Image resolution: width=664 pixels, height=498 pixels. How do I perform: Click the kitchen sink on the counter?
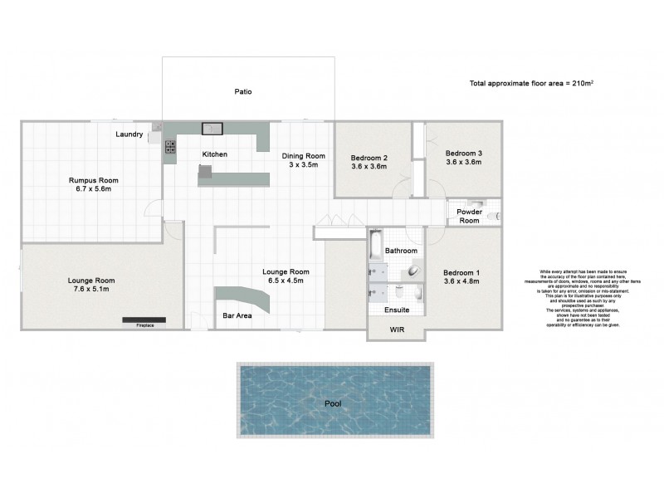point(213,129)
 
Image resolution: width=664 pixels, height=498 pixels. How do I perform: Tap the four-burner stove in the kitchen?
point(170,148)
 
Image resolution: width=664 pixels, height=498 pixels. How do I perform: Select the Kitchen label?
point(214,154)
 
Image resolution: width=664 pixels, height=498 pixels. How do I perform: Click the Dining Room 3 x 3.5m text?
point(303,160)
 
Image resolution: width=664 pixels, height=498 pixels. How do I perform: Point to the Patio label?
point(242,91)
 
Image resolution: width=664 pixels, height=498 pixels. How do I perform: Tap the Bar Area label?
point(237,315)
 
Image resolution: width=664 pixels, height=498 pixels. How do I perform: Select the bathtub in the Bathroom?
point(375,244)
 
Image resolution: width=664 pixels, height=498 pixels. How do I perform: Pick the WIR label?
point(396,330)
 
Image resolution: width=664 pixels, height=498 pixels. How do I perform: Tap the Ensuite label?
point(397,310)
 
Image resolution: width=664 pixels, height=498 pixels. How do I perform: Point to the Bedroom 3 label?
point(463,153)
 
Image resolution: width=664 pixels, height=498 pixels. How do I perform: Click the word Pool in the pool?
point(334,403)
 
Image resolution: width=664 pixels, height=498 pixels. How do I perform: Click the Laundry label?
point(129,134)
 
